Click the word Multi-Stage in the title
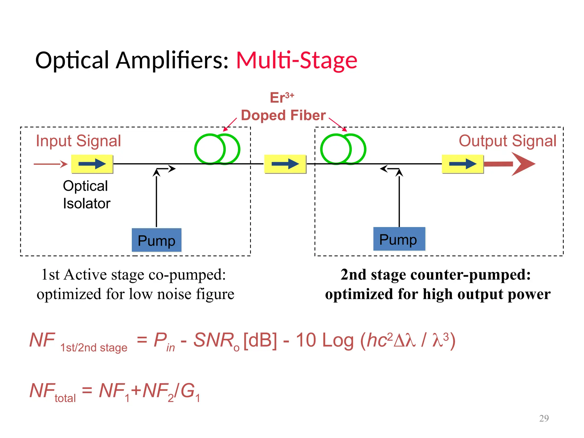(297, 60)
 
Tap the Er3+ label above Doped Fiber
(282, 98)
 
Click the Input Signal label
(78, 141)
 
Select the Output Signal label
(507, 141)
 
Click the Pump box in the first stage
(157, 240)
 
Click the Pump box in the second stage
(399, 239)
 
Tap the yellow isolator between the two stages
(285, 164)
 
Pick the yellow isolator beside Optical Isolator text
(92, 164)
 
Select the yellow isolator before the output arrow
(463, 164)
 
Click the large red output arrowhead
(522, 164)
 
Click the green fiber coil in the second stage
(343, 149)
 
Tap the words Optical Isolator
(86, 195)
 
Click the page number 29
(544, 418)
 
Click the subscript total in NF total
(65, 398)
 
